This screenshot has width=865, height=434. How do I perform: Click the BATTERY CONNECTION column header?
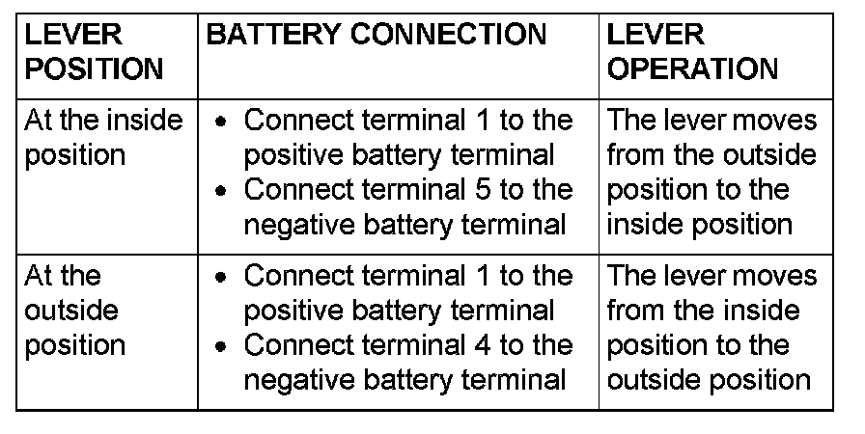(377, 36)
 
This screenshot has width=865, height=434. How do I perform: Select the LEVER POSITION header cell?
(94, 52)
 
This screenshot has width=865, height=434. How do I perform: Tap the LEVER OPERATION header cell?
(692, 52)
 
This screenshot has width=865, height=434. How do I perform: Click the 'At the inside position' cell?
(103, 138)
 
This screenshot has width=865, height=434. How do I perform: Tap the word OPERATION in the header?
(692, 68)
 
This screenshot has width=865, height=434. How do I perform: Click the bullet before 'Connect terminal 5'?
(223, 191)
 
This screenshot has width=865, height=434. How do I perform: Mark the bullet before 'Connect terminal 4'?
(223, 346)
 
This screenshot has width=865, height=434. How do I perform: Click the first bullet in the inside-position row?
(223, 122)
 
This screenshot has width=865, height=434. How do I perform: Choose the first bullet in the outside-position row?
(223, 278)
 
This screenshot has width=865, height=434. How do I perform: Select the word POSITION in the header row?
(94, 68)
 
